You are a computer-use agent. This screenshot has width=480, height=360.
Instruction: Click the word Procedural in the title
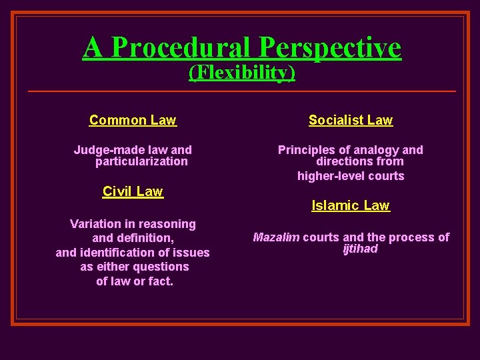182,47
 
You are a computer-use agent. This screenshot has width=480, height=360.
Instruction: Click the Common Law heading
133,120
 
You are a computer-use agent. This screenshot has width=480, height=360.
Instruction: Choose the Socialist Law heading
351,120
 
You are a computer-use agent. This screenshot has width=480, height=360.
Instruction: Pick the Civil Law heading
133,191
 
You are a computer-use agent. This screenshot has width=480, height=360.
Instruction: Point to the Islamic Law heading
351,205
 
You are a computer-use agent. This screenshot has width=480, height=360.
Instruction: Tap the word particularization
141,161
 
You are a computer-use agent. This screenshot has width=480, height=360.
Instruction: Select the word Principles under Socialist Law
305,150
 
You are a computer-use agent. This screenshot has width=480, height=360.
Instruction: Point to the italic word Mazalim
276,237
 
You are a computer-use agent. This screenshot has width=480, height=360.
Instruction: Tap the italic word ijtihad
360,249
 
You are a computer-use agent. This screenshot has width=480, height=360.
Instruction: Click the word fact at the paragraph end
161,281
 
